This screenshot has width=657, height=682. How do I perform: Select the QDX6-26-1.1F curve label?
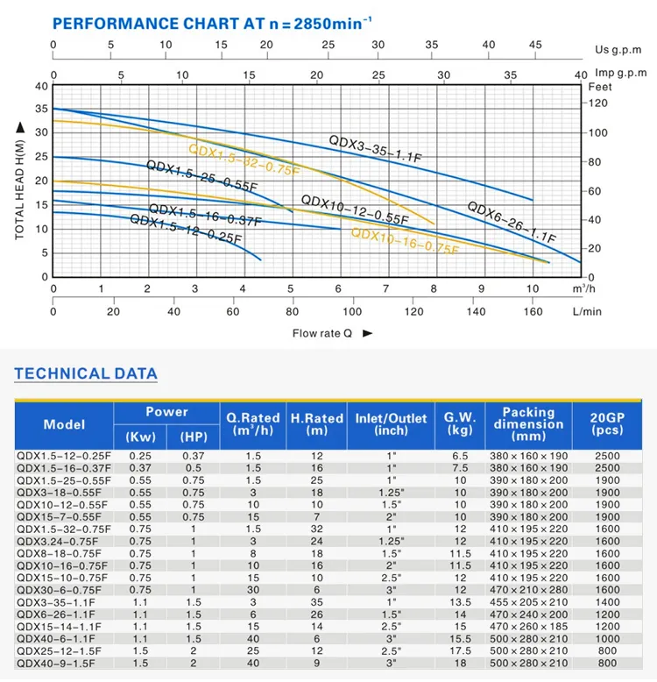[x=511, y=223]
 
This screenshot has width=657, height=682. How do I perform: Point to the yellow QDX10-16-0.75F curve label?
[x=405, y=241]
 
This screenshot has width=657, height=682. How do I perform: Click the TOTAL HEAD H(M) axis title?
[x=20, y=181]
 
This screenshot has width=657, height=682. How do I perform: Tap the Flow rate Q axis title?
[x=322, y=333]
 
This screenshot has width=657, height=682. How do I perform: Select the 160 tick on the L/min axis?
[x=533, y=311]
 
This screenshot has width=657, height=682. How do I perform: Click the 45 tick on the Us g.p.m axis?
[x=535, y=44]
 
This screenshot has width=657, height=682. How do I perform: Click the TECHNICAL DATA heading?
[x=86, y=374]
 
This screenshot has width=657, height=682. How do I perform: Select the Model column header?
[x=65, y=425]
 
